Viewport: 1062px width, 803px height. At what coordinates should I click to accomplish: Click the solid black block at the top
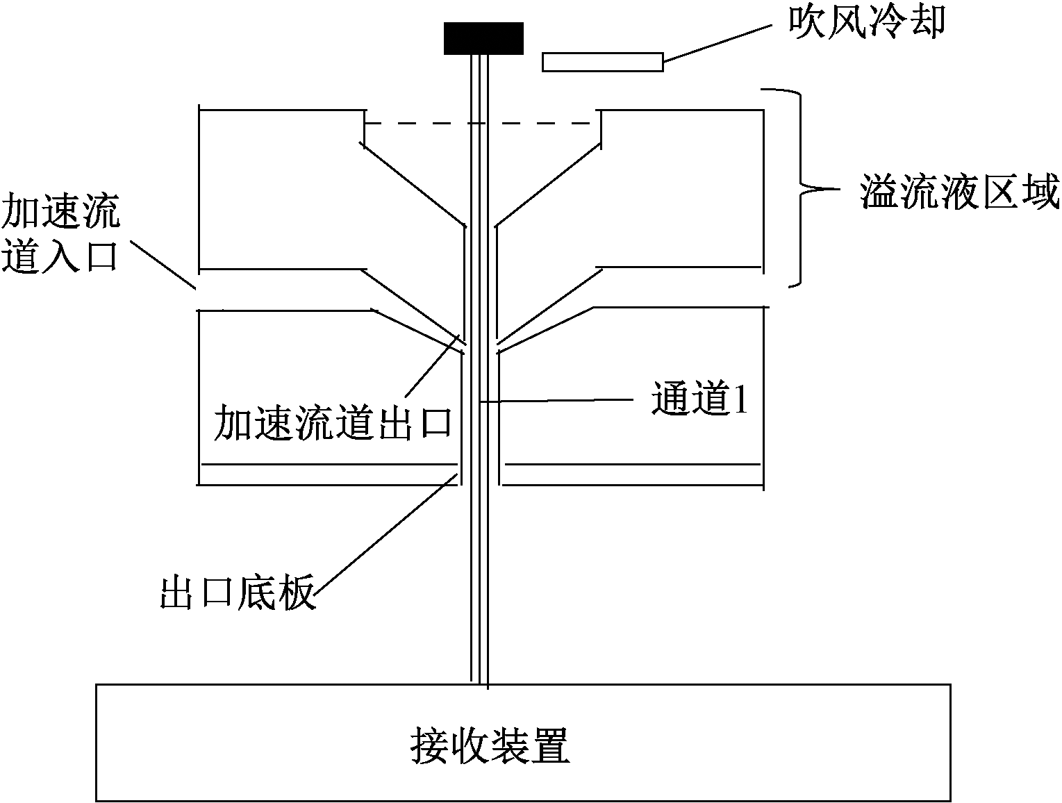[483, 38]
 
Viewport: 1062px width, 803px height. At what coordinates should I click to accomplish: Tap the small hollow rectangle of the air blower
[602, 63]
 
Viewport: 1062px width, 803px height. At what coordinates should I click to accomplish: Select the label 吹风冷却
[866, 22]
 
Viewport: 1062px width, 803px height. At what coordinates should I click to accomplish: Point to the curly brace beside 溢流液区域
[799, 188]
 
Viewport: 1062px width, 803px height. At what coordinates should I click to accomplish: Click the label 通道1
[699, 399]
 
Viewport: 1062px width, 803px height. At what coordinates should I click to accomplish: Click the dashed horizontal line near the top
[482, 124]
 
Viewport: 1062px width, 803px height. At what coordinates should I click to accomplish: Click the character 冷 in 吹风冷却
[886, 22]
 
